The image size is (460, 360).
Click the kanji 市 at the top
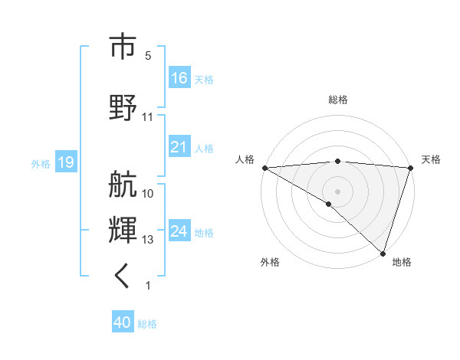click(x=123, y=47)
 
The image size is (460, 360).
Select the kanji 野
click(x=123, y=106)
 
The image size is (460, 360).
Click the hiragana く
click(x=123, y=276)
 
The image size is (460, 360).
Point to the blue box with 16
click(x=179, y=78)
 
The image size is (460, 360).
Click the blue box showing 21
click(x=179, y=148)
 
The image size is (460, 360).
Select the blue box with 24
click(x=179, y=231)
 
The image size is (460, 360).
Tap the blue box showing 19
click(x=65, y=162)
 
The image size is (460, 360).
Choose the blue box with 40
click(x=123, y=323)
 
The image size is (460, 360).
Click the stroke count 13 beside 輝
click(x=148, y=240)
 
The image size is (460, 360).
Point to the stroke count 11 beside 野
click(x=148, y=116)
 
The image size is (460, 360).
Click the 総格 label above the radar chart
click(x=337, y=100)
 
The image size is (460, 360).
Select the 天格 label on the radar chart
click(x=431, y=159)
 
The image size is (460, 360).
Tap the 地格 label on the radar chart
click(x=402, y=262)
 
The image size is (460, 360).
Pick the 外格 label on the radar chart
click(x=270, y=262)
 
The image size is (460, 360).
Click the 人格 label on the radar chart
click(x=245, y=159)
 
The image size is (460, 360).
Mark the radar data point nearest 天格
click(x=410, y=168)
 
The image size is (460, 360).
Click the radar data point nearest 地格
click(x=383, y=253)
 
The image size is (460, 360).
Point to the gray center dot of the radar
click(x=337, y=191)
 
